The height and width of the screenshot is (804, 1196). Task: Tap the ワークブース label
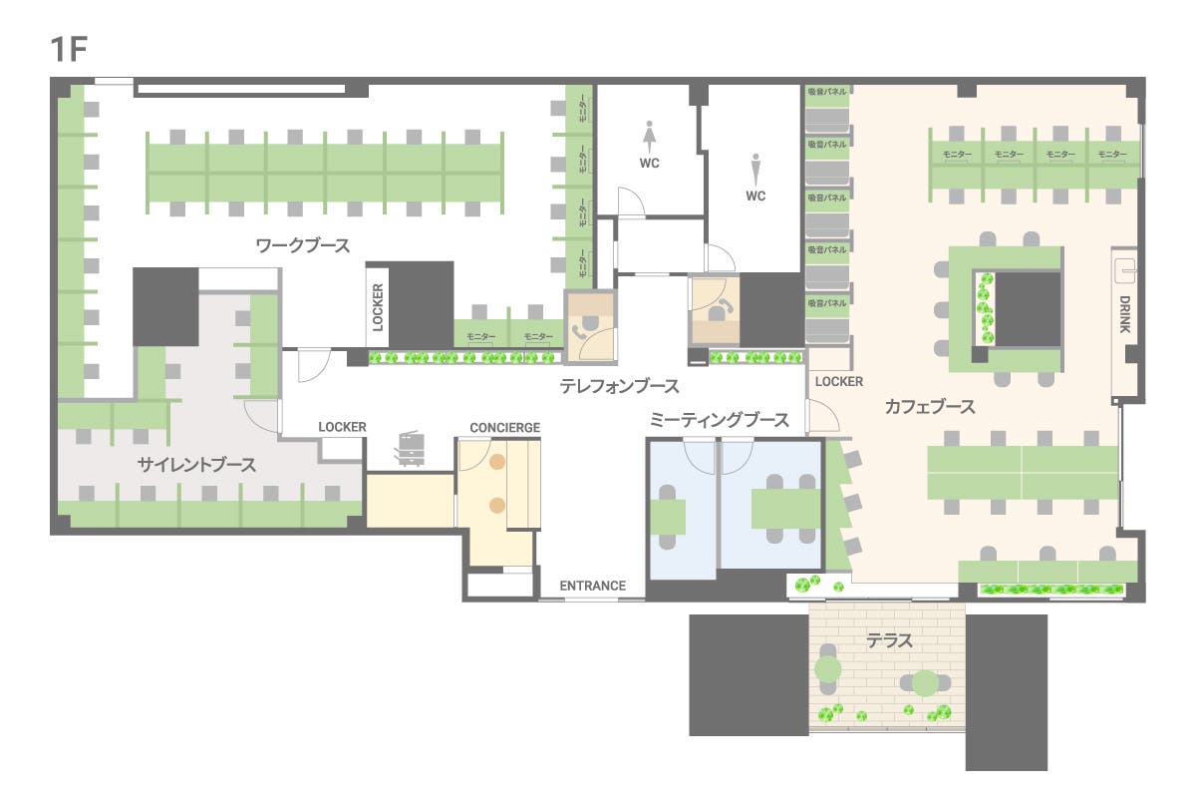303,245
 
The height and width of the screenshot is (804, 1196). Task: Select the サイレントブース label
196,465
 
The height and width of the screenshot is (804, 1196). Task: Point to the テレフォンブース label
619,386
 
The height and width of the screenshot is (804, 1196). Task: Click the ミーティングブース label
719,421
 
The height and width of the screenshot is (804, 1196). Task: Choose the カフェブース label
929,407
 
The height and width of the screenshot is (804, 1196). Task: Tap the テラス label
890,641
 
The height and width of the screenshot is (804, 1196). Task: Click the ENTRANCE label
592,586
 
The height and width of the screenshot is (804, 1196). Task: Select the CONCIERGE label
505,428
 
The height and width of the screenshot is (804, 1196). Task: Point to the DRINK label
1124,313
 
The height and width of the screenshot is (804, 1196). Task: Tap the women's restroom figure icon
650,133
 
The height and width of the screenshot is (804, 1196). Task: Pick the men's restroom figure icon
755,166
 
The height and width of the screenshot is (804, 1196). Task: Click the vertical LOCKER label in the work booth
378,307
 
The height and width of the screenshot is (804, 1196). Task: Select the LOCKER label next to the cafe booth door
838,382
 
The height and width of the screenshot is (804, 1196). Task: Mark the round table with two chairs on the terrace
926,683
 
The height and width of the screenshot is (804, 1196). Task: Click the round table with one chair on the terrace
827,668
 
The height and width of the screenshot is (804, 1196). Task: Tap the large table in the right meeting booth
785,509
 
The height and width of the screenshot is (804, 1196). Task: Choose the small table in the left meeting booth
668,517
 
